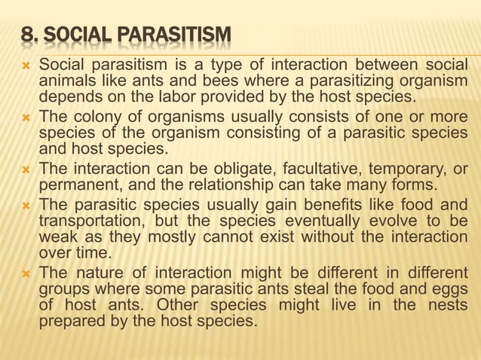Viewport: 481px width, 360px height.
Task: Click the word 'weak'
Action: (x=57, y=236)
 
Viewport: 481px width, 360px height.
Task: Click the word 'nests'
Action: (x=450, y=307)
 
